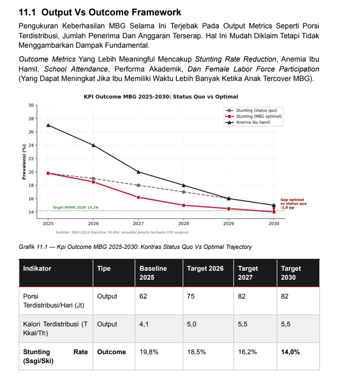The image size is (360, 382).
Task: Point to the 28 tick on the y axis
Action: pos(31,119)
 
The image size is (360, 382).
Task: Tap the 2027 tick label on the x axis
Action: pos(139,224)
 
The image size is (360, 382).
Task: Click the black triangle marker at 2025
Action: pos(48,125)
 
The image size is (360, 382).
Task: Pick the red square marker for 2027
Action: pos(139,197)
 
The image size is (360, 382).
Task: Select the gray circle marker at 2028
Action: pos(184,192)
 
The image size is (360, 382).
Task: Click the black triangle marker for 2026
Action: pos(93,145)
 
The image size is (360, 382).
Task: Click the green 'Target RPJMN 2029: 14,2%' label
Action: pos(75,207)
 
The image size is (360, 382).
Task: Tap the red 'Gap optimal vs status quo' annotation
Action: pos(293,204)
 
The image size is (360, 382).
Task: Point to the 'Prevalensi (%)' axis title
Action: pos(24,162)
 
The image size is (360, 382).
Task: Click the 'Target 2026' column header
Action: pos(206,268)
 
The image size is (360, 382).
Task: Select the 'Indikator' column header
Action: pos(37,268)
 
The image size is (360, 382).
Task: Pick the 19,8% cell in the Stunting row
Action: pos(149,352)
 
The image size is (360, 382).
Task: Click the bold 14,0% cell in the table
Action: pos(290,352)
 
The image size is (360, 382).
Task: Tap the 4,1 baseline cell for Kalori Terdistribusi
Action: pos(144,324)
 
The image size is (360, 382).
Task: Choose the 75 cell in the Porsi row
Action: pos(191,296)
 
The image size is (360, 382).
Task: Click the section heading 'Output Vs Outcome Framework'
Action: pos(111,12)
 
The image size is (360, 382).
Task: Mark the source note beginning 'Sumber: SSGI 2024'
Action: pos(122,232)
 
